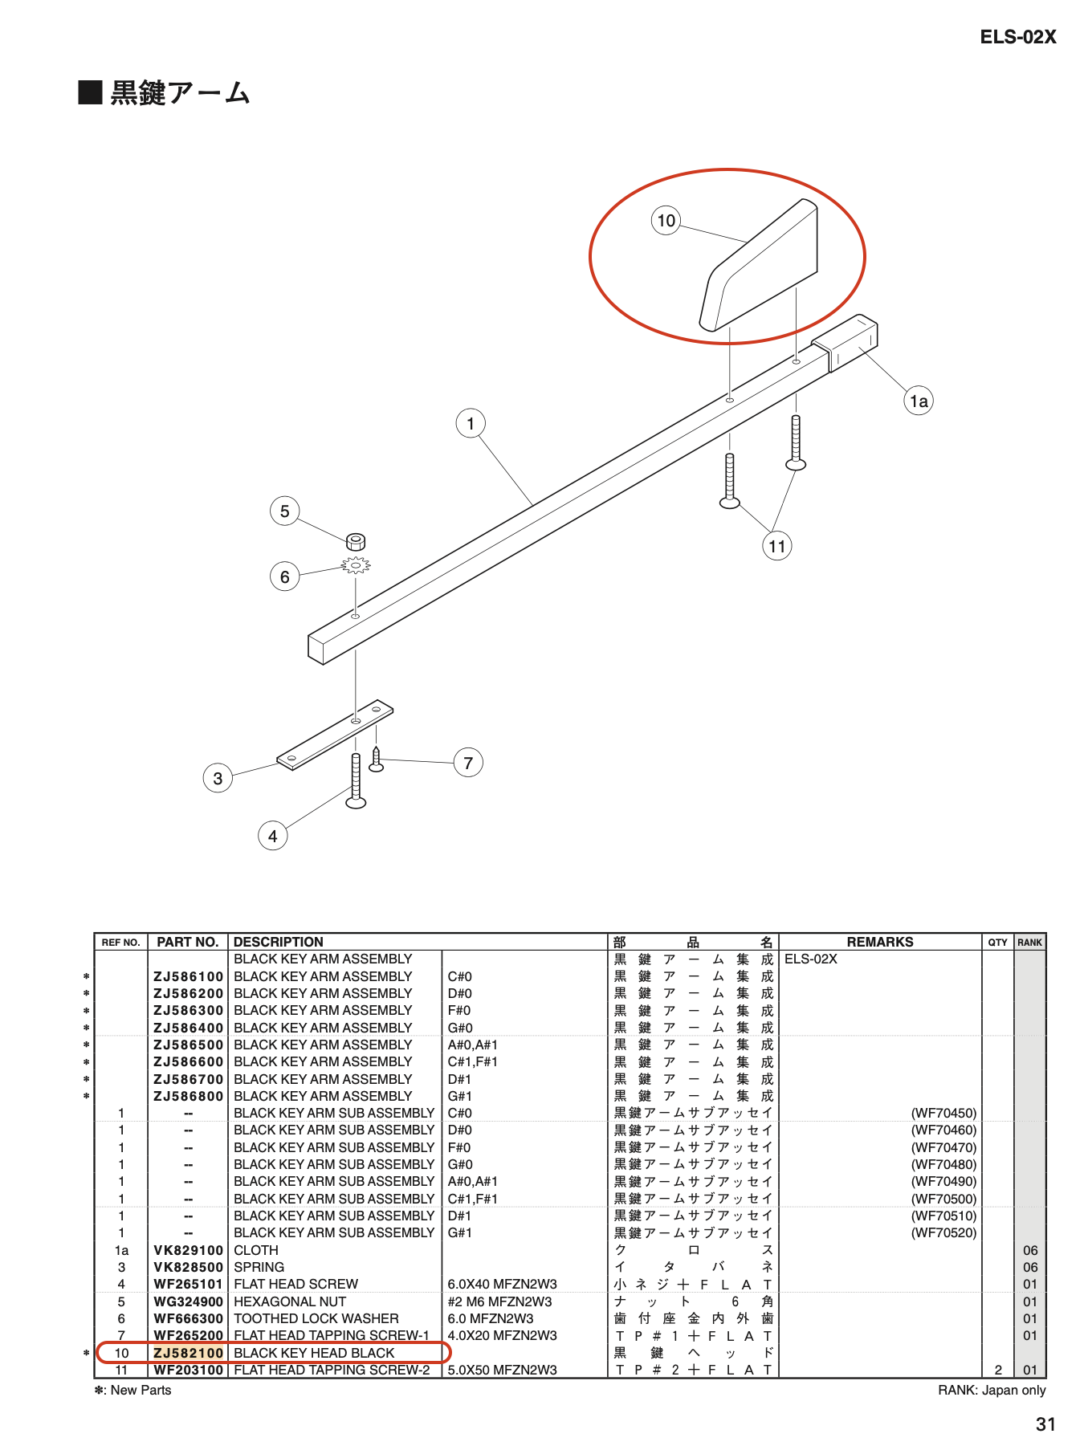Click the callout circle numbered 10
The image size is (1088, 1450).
tap(666, 220)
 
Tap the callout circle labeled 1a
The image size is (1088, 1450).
tap(919, 401)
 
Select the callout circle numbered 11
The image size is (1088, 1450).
tap(776, 546)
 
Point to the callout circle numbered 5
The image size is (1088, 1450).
tap(284, 511)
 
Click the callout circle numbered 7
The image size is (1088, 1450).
tap(468, 762)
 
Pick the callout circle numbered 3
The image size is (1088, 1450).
tap(218, 777)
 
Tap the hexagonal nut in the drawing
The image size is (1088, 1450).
tap(356, 540)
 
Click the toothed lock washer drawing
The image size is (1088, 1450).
tap(356, 565)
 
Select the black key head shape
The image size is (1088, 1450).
tap(759, 265)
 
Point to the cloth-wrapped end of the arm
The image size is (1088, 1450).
tap(845, 342)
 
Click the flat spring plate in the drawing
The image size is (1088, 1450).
tap(335, 735)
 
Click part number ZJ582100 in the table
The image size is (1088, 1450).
tap(188, 1353)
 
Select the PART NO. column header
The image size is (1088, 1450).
tap(188, 942)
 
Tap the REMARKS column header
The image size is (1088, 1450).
tap(880, 942)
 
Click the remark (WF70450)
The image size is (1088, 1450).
tap(943, 1113)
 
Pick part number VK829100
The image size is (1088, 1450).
tap(188, 1250)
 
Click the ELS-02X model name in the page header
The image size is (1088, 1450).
tap(1018, 37)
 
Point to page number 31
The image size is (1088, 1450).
tap(1045, 1424)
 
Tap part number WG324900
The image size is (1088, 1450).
tap(188, 1301)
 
